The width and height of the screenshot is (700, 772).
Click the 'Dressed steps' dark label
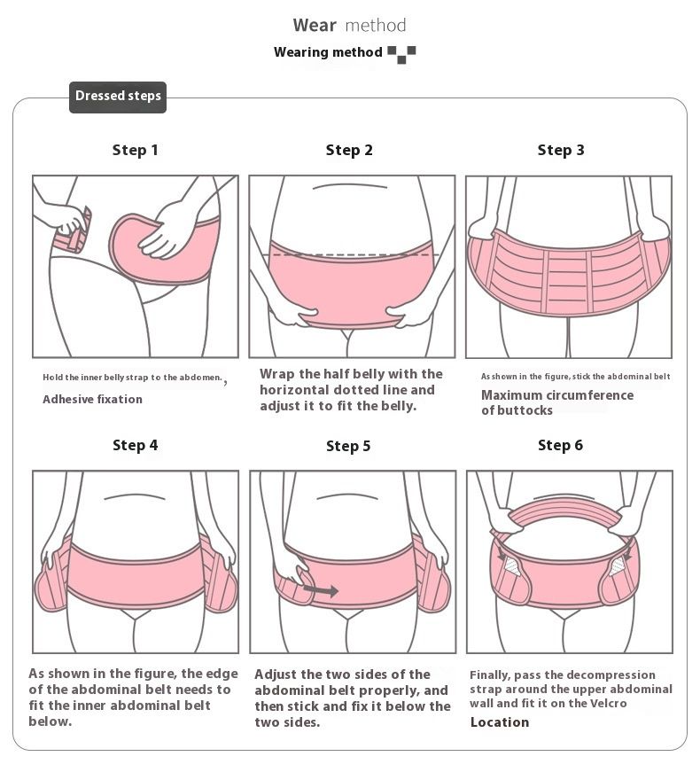pyautogui.click(x=118, y=97)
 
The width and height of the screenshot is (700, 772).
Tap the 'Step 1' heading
pyautogui.click(x=135, y=150)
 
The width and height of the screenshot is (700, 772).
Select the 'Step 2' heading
pyautogui.click(x=349, y=150)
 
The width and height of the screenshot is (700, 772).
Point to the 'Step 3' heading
pyautogui.click(x=561, y=150)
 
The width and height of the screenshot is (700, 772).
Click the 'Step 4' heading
pyautogui.click(x=135, y=445)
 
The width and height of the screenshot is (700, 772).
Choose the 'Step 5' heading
pyautogui.click(x=348, y=446)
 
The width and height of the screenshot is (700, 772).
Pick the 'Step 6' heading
pyautogui.click(x=560, y=445)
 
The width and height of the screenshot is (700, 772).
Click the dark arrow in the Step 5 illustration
pyautogui.click(x=321, y=589)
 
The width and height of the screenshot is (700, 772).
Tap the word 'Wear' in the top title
pyautogui.click(x=315, y=25)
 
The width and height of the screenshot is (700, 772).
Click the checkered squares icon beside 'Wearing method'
pyautogui.click(x=401, y=54)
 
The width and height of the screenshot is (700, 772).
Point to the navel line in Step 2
pyautogui.click(x=349, y=187)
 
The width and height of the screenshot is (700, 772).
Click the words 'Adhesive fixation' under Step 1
pyautogui.click(x=92, y=399)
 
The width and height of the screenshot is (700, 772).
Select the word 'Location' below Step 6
pyautogui.click(x=500, y=722)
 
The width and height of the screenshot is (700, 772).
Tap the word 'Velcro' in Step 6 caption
pyautogui.click(x=608, y=704)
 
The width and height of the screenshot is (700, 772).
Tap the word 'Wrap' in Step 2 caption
pyautogui.click(x=277, y=375)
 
